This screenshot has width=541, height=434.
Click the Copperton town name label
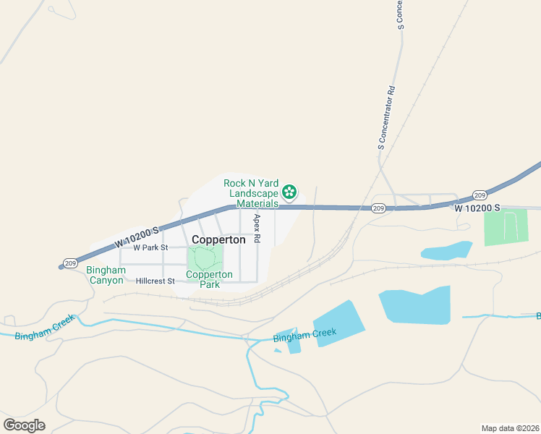218,239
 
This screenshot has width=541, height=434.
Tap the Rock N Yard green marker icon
289,192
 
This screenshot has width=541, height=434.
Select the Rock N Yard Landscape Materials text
251,193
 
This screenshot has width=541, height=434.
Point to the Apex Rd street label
257,227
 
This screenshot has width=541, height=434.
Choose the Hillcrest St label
155,281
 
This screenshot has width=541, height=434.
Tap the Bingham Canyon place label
105,275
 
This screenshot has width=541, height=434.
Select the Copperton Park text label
209,279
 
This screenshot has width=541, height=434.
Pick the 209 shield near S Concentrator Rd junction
378,208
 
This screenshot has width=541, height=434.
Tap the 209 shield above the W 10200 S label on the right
480,195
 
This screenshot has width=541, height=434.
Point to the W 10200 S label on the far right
477,208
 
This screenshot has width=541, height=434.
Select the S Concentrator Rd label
391,119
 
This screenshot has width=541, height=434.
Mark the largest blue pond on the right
414,303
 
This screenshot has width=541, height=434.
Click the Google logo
24,425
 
